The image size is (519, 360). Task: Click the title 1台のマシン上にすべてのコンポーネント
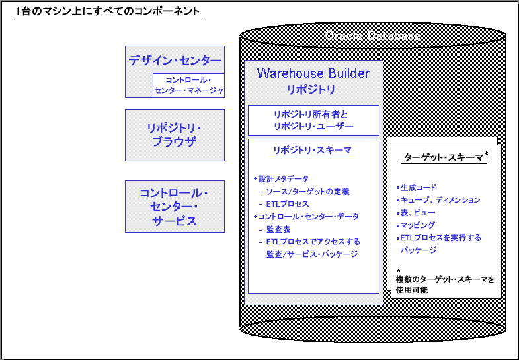pyautogui.click(x=108, y=12)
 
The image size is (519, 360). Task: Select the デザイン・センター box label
pyautogui.click(x=175, y=61)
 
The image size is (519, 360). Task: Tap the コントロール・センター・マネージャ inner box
pyautogui.click(x=188, y=85)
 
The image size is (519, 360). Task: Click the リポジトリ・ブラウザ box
pyautogui.click(x=175, y=135)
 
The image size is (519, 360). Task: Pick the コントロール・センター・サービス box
pyautogui.click(x=175, y=206)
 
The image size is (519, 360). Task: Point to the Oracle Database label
pyautogui.click(x=373, y=36)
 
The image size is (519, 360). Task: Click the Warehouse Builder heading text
pyautogui.click(x=313, y=73)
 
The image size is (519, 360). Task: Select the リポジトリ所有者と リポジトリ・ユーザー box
pyautogui.click(x=313, y=120)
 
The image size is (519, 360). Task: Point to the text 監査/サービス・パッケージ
pyautogui.click(x=312, y=254)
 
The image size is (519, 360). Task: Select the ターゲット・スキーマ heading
pyautogui.click(x=444, y=158)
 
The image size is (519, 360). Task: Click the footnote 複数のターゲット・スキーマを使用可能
pyautogui.click(x=445, y=285)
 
